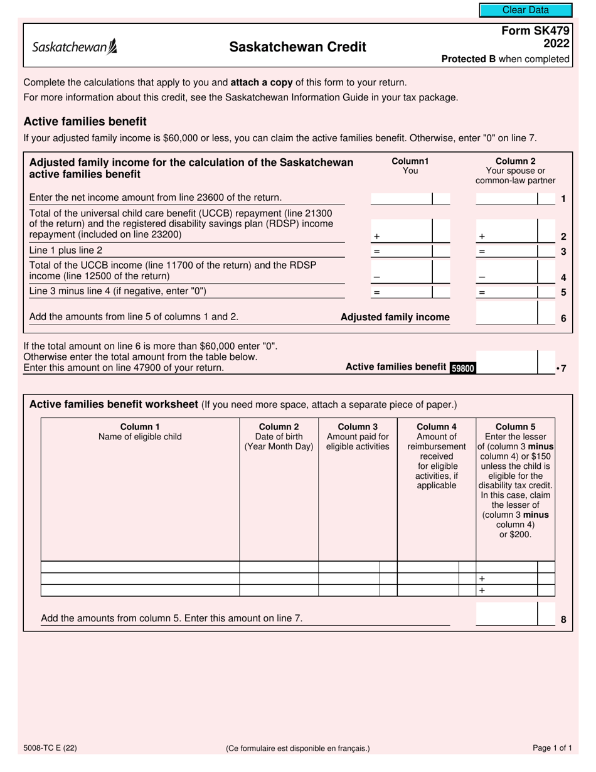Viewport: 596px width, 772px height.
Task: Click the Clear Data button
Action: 526,10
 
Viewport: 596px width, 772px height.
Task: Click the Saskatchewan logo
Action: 74,46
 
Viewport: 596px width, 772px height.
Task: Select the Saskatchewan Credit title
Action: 298,47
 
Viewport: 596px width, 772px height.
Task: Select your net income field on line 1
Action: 402,199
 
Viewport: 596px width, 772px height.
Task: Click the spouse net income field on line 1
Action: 506,199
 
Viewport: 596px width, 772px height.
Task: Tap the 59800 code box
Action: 462,368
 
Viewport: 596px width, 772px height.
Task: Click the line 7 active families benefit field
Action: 506,363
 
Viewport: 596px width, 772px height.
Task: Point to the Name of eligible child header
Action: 140,432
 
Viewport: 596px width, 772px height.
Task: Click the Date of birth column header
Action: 279,437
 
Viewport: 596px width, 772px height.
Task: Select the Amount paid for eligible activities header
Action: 358,437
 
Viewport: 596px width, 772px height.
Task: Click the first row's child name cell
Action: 140,567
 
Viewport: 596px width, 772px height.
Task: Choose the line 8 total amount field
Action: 506,614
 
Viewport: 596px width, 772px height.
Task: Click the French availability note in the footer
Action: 297,748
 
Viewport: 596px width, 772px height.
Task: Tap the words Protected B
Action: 468,59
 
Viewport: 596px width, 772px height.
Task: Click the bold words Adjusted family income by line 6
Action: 395,318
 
